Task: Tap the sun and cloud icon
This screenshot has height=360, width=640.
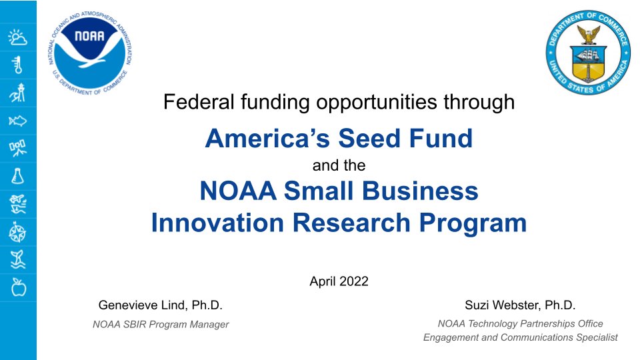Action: click(17, 37)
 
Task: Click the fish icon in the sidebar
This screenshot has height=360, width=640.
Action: click(17, 121)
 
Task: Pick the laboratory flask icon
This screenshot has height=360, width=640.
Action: click(17, 176)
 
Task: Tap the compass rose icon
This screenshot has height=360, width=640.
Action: click(17, 232)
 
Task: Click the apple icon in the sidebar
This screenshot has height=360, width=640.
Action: click(17, 287)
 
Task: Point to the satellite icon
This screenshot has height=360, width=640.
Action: click(17, 148)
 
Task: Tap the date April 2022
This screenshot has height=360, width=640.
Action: click(339, 281)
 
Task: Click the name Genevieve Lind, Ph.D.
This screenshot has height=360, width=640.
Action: click(160, 305)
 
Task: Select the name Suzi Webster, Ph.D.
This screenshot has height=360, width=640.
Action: click(520, 305)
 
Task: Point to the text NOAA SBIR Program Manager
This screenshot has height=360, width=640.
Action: click(160, 325)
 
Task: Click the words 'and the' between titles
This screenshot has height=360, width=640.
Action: click(339, 165)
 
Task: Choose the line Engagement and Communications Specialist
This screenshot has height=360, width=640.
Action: click(520, 337)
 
